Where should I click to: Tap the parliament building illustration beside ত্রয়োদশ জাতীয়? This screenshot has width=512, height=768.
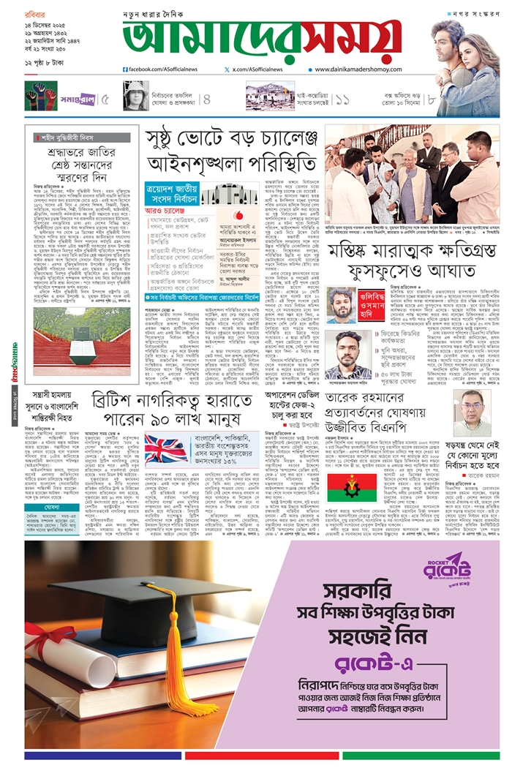[219, 195]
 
